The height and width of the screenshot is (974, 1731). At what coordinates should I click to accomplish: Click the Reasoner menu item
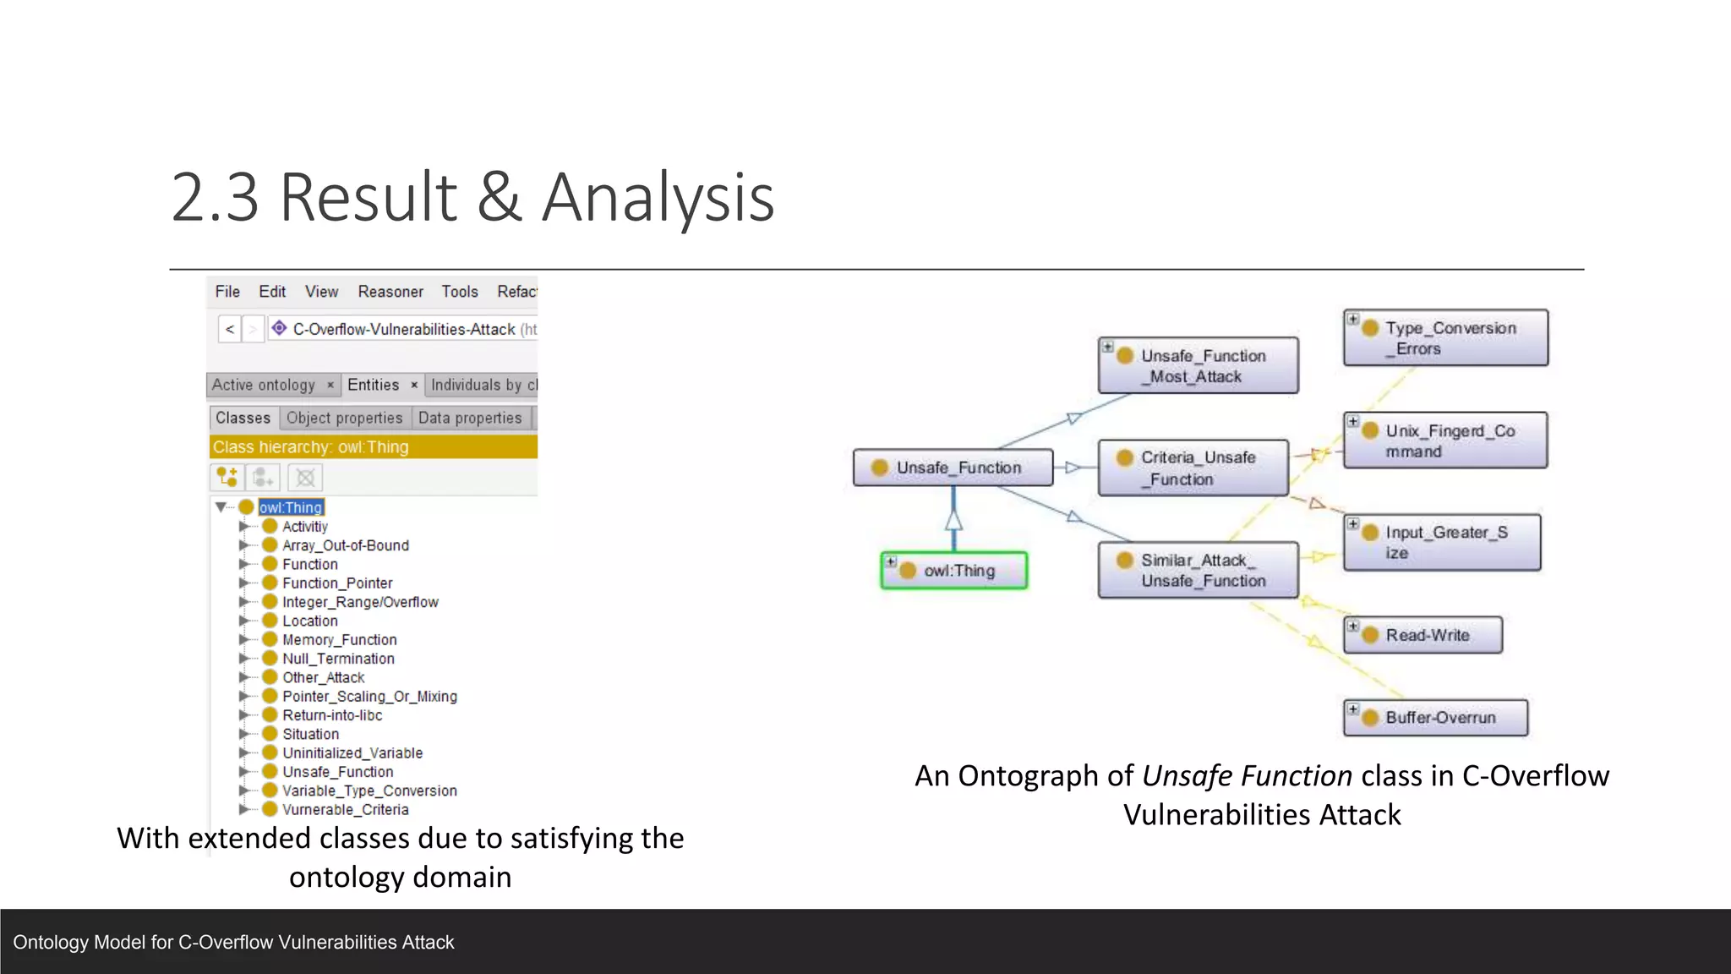coord(390,292)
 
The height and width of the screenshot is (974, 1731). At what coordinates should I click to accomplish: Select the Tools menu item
coord(459,292)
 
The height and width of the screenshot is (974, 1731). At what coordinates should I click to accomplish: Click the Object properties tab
coord(344,418)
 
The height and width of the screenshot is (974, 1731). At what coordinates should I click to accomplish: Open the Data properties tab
coord(470,418)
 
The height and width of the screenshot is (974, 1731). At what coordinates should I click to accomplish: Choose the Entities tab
coord(373,385)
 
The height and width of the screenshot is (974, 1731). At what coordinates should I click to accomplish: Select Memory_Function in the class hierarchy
coord(339,640)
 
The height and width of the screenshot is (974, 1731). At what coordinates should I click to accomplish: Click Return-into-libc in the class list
coord(332,715)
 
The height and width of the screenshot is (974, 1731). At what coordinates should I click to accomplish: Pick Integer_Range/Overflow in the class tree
coord(360,602)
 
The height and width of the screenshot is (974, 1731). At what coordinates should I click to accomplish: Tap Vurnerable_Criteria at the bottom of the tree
coord(345,809)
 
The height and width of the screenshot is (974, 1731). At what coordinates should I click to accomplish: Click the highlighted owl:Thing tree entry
coord(291,507)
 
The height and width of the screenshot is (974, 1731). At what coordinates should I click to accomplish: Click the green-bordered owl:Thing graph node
coord(953,571)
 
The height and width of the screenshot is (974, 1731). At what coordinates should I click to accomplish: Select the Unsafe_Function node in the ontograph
coord(953,468)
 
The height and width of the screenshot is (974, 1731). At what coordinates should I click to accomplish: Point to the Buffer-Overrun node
coord(1435,718)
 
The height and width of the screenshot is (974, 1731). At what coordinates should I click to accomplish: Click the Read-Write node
coord(1422,635)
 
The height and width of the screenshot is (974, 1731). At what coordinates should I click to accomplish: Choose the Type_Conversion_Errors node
coord(1445,337)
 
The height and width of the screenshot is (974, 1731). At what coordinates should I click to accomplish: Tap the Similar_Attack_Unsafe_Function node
coord(1198,571)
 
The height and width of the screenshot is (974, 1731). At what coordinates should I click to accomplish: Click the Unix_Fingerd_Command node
coord(1445,440)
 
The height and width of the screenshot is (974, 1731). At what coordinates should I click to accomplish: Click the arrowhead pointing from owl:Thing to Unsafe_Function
coord(953,519)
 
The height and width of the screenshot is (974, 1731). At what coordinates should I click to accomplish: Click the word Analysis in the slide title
coord(658,198)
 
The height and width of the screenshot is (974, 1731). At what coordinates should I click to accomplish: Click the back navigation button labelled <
coord(230,329)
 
